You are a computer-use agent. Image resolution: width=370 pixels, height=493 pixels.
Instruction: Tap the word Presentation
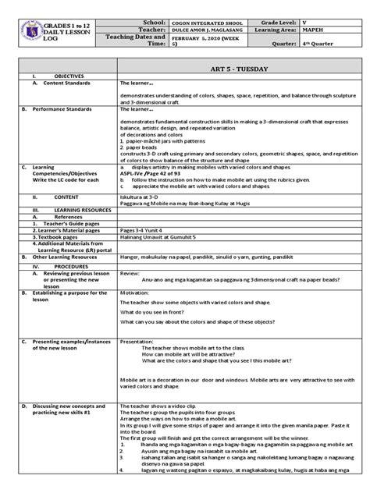pyautogui.click(x=137, y=342)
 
